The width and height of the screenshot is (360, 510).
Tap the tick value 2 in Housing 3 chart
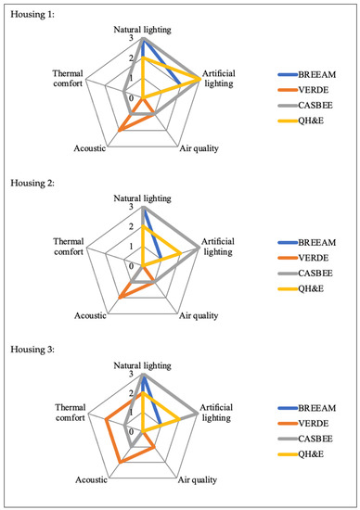click(132, 393)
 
